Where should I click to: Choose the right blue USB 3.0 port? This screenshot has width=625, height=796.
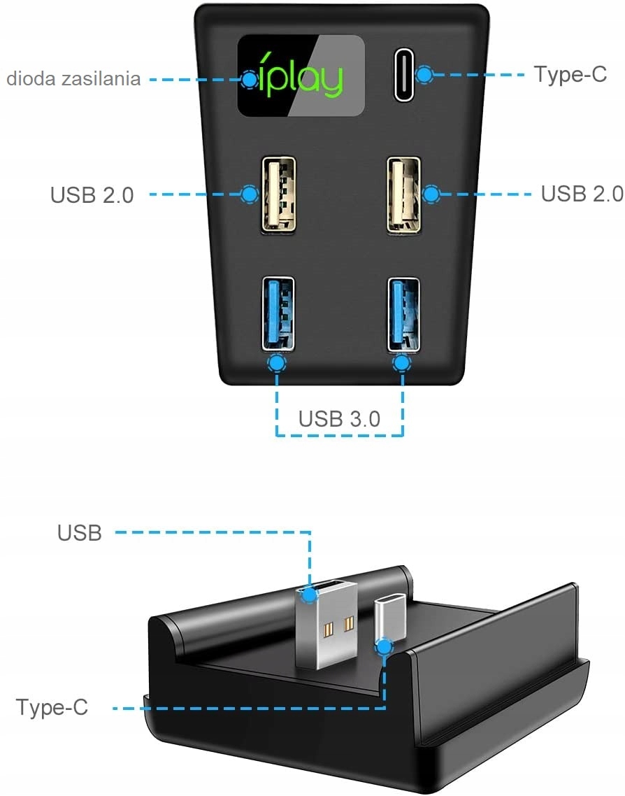403,313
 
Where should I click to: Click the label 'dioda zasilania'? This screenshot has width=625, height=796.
73,78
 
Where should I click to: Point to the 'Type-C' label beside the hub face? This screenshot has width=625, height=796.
570,74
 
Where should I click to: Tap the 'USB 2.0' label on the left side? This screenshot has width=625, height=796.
92,194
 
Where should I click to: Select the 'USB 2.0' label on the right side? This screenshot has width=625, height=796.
582,193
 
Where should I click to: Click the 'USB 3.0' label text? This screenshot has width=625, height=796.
339,418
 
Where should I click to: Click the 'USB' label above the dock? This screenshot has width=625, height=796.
80,533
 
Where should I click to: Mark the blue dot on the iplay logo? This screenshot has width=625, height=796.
250,79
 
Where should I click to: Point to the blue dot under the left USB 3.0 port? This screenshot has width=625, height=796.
278,363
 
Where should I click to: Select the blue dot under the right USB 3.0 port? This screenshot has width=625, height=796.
401,363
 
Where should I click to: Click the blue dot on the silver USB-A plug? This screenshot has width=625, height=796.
310,595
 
